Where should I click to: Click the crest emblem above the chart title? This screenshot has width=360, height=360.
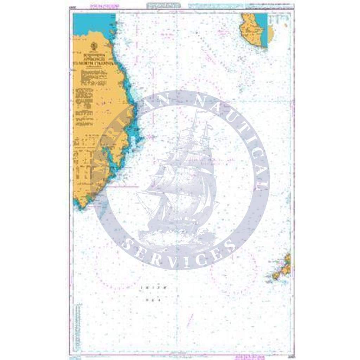click(94, 46)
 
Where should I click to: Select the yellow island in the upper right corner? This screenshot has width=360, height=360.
click(252, 31)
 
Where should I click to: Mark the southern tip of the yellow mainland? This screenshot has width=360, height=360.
click(82, 205)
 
